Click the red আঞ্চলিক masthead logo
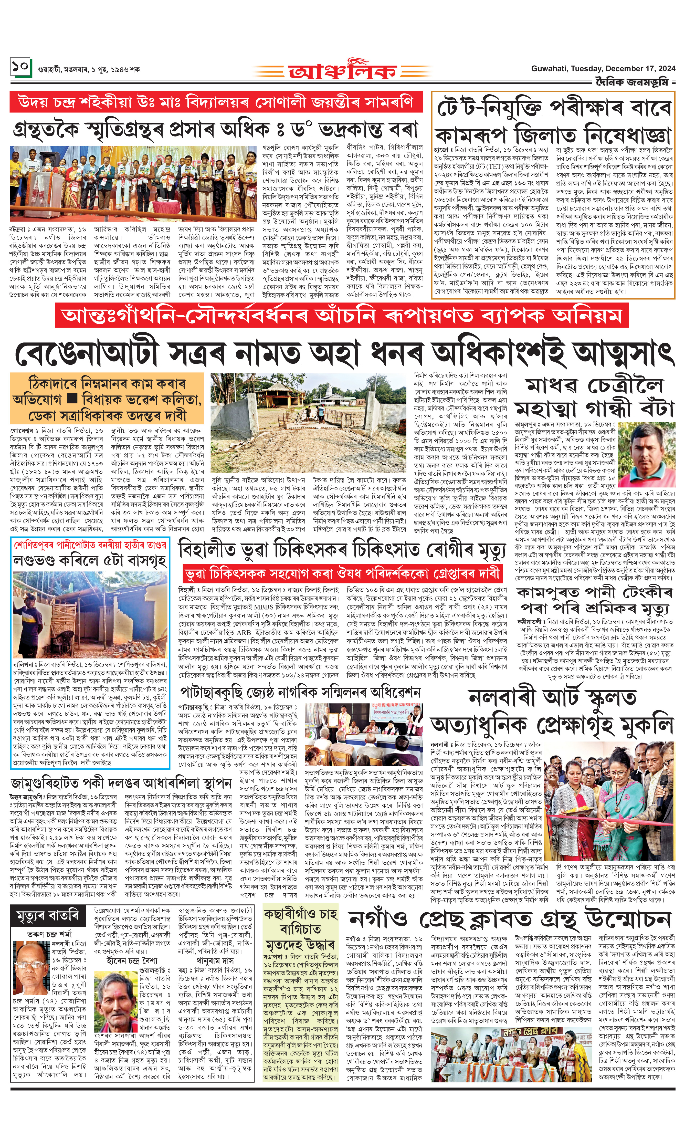(343, 70)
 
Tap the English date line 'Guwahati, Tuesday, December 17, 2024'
(603, 68)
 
